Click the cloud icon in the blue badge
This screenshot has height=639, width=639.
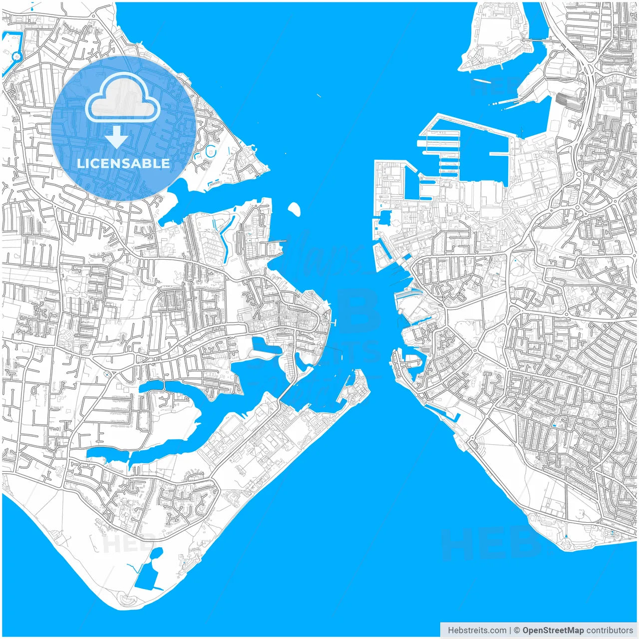(x=122, y=97)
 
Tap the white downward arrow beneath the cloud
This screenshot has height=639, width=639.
(x=116, y=137)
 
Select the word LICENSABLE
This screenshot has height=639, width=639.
(x=123, y=163)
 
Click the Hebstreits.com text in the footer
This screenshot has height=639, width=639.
(x=477, y=631)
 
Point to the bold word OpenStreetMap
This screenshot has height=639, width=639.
(x=553, y=631)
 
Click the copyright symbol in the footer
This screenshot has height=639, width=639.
(x=517, y=631)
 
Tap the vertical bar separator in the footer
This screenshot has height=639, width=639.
(x=510, y=631)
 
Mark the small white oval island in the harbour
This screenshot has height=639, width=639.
(x=295, y=209)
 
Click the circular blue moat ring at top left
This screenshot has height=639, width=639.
(x=16, y=56)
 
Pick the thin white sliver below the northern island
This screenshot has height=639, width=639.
(x=482, y=80)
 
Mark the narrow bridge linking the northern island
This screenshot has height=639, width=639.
(x=538, y=39)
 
